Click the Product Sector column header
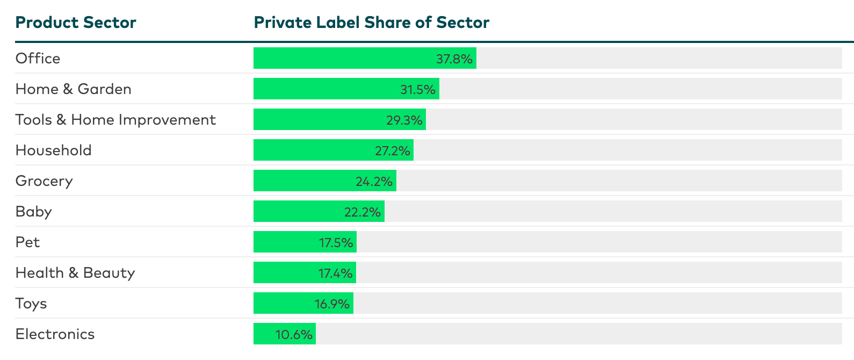pyautogui.click(x=76, y=23)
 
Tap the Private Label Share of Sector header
pyautogui.click(x=371, y=23)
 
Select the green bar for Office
pyautogui.click(x=344, y=58)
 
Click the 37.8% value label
pyautogui.click(x=454, y=59)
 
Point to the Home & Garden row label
pyautogui.click(x=74, y=89)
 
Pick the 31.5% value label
pyautogui.click(x=417, y=89)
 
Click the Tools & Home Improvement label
pyautogui.click(x=115, y=119)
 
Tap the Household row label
pyautogui.click(x=54, y=150)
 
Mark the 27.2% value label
pyautogui.click(x=393, y=150)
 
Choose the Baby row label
pyautogui.click(x=34, y=211)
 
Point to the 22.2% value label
pyautogui.click(x=363, y=212)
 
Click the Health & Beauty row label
pyautogui.click(x=75, y=272)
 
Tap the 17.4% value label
pyautogui.click(x=335, y=273)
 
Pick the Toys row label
pyautogui.click(x=31, y=303)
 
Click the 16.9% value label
pyautogui.click(x=332, y=304)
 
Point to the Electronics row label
pyautogui.click(x=55, y=334)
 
